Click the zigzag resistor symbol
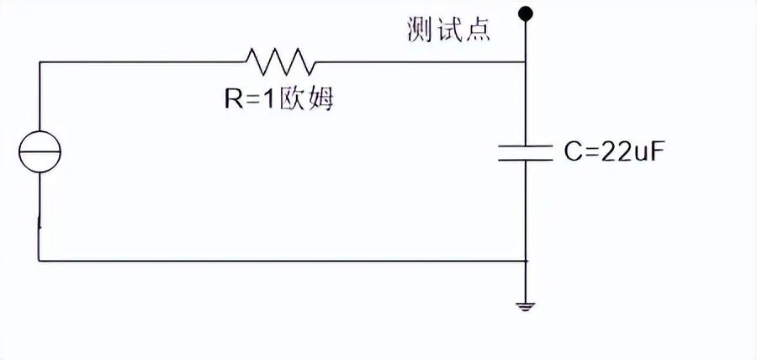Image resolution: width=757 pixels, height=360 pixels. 280,61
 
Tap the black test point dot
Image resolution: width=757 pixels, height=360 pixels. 527,13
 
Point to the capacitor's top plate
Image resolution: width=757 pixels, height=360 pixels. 527,145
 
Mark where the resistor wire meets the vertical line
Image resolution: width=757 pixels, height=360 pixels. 527,61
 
